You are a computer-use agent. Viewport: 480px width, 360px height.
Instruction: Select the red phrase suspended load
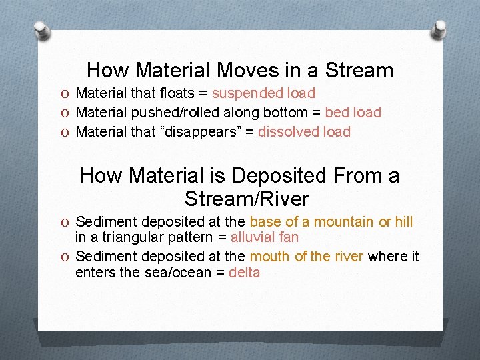263,93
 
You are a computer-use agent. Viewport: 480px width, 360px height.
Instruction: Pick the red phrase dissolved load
304,132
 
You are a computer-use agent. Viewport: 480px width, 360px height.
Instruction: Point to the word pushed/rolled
171,113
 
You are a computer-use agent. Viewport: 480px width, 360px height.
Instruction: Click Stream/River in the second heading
247,199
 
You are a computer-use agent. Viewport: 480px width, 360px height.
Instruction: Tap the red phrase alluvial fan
265,237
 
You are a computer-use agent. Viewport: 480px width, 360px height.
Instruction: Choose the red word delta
244,273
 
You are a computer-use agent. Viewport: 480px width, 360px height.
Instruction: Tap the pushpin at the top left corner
42,29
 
